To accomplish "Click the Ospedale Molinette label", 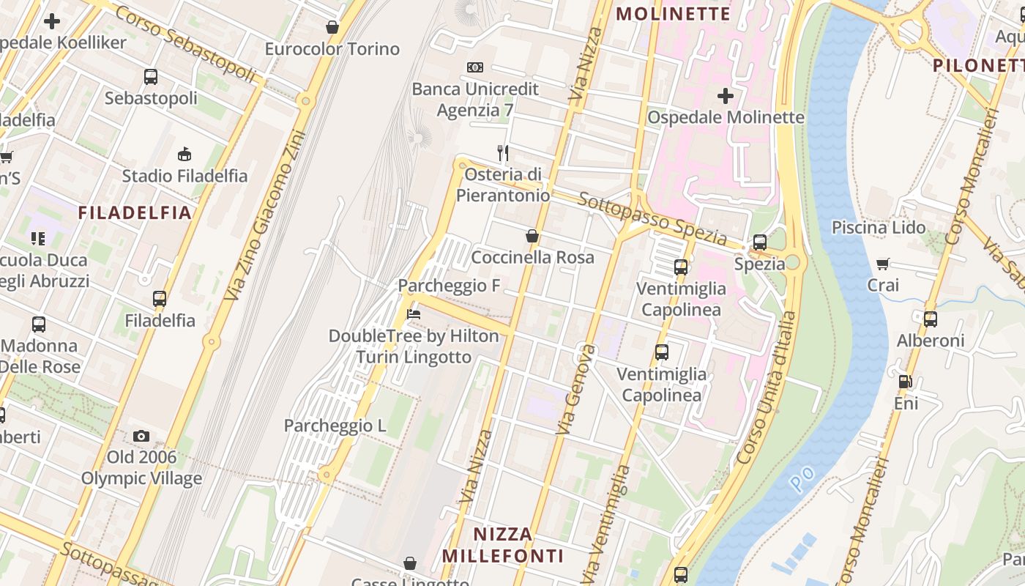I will click(x=726, y=117).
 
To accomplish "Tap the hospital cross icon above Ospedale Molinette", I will click(x=725, y=96).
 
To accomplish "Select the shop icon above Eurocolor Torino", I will click(x=332, y=28).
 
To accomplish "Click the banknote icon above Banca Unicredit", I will click(x=475, y=67).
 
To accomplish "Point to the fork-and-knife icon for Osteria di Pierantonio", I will click(x=503, y=153).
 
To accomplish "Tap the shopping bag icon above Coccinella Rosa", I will click(x=532, y=236).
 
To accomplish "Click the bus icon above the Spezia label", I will click(x=760, y=242).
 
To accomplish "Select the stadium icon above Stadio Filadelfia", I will click(x=184, y=154).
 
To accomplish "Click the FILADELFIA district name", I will click(x=135, y=213).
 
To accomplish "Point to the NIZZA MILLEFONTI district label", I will click(x=502, y=544).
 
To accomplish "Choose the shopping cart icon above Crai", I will click(x=883, y=264).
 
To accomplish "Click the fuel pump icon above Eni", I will click(x=906, y=381).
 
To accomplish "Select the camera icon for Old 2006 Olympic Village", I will click(x=141, y=437).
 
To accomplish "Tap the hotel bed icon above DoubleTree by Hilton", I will click(x=414, y=314).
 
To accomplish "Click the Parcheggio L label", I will click(x=335, y=426).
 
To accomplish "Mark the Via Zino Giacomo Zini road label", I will click(x=266, y=215).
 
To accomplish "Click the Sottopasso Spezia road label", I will click(x=652, y=219).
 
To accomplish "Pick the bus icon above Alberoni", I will click(x=930, y=319).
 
